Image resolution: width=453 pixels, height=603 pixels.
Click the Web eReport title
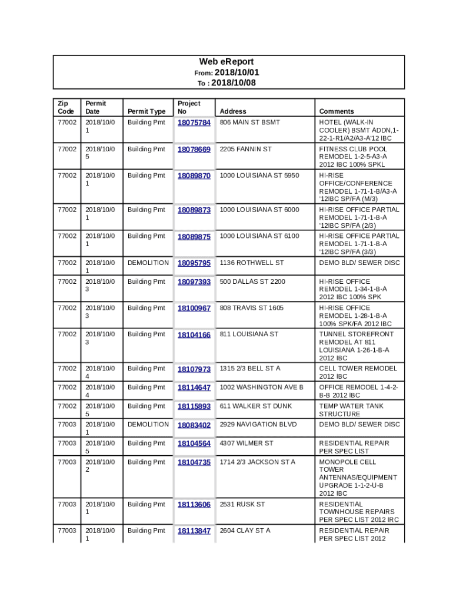point(226,62)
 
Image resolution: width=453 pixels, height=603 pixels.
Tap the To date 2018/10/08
point(233,83)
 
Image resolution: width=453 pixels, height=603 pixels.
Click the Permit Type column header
point(146,111)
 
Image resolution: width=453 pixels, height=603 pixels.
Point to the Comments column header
point(337,111)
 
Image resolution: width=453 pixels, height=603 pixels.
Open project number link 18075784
point(194,123)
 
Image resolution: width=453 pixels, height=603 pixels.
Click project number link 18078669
point(194,150)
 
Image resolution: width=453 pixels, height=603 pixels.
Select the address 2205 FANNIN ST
point(246,149)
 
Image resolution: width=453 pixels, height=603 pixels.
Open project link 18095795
point(194,263)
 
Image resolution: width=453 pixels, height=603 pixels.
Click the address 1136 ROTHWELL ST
point(252,263)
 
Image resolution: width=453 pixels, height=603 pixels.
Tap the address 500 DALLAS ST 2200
point(252,281)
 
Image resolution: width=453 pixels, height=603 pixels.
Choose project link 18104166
point(194,335)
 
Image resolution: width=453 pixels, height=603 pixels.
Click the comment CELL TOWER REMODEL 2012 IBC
point(358,372)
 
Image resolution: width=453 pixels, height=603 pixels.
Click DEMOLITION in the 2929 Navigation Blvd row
point(148,425)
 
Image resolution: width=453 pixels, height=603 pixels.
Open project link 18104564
point(194,444)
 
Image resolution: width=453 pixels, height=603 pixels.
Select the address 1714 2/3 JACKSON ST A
point(258,462)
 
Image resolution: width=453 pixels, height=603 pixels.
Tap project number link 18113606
point(194,505)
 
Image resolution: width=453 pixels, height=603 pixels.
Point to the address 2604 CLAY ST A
point(245,531)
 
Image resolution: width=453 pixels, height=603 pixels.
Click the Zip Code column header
point(66,107)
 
